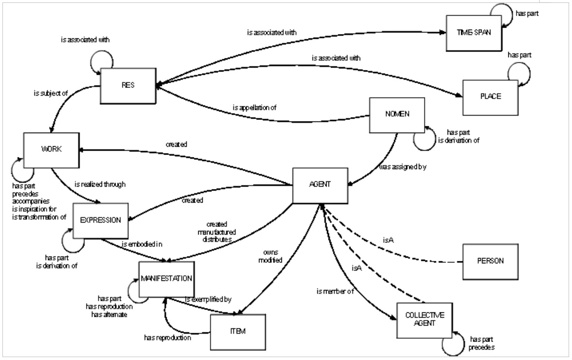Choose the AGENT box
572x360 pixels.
point(319,186)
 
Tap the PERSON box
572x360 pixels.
point(490,261)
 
